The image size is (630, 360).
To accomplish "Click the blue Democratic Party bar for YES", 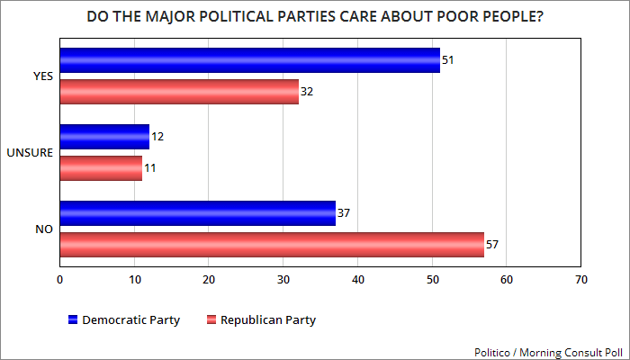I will point(249,60).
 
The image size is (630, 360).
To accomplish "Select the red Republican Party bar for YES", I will point(179,92).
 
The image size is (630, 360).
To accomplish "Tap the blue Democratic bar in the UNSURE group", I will point(104,137).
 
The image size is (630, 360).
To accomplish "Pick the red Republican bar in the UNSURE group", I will point(101,167).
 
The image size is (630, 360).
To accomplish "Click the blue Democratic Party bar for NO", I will point(197,212).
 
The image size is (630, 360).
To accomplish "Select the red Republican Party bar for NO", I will point(272,244).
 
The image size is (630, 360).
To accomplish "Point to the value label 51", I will point(448,61).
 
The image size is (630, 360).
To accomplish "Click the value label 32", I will point(307,92).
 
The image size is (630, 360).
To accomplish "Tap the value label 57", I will point(493,245).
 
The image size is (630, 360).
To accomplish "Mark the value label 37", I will point(344,213).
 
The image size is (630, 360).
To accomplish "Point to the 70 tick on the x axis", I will point(580,279).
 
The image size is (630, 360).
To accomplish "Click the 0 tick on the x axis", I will point(59,279).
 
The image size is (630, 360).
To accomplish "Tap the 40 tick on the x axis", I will point(357,279).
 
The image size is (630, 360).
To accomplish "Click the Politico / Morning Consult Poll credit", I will point(549,351).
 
